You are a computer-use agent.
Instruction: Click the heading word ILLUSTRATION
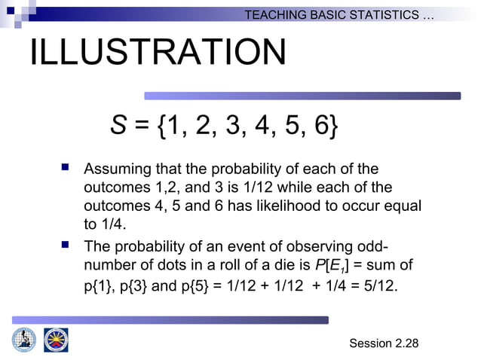coord(158,53)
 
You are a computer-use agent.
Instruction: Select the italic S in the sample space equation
coord(118,126)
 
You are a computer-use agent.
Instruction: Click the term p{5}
coord(191,286)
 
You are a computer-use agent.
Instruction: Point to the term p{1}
coord(97,286)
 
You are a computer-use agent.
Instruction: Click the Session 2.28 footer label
coord(384,343)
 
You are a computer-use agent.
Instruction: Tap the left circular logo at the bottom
coord(24,339)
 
